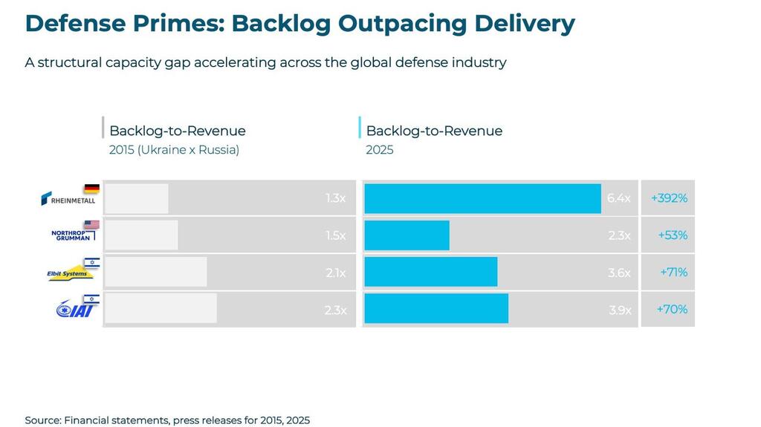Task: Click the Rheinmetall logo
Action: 68,200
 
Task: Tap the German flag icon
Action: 91,189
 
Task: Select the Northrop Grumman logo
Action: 71,235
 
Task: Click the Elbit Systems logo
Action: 68,273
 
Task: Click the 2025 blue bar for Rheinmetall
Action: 482,198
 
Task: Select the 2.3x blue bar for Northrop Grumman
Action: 407,235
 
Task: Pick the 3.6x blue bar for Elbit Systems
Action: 430,272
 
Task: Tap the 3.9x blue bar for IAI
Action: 436,309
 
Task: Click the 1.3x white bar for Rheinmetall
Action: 137,198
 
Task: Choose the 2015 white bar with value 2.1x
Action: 155,272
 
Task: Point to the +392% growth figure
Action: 669,198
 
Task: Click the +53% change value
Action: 673,235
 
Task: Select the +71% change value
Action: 673,272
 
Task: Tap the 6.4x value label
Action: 618,198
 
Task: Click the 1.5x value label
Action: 336,235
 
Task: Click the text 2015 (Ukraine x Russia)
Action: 174,150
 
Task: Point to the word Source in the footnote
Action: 42,420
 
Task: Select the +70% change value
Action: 672,309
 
